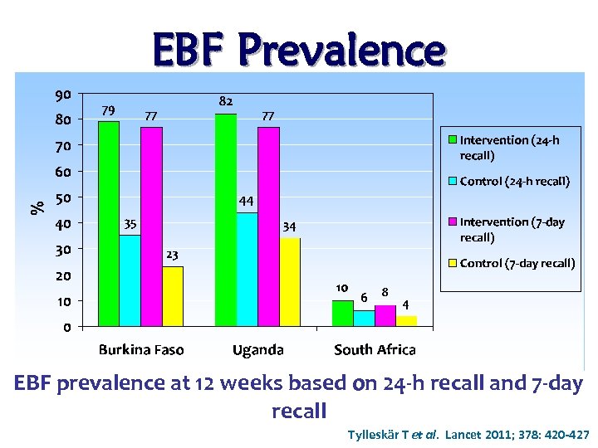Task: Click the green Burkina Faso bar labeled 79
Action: point(109,224)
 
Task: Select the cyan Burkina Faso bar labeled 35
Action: point(130,281)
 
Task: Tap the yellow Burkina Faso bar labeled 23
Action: point(173,296)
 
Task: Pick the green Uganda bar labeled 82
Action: point(225,220)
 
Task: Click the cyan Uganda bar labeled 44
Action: point(247,270)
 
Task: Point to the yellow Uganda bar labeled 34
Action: point(290,282)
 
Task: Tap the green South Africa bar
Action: point(342,314)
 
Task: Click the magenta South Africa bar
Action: point(385,316)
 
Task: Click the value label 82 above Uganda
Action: point(225,100)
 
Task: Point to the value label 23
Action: point(172,254)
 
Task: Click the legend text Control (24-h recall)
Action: point(515,181)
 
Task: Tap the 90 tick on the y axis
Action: point(63,93)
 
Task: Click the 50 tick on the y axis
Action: point(63,197)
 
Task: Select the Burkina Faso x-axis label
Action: point(141,349)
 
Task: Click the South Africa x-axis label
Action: point(375,349)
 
